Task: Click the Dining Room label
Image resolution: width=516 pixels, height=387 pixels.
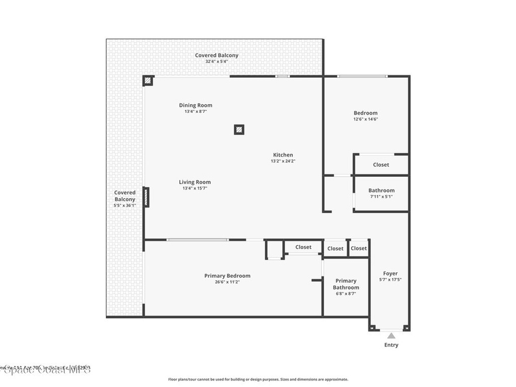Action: [x=196, y=105]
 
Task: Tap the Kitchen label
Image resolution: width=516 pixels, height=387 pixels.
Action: [x=283, y=155]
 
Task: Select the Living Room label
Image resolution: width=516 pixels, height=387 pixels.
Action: [x=195, y=182]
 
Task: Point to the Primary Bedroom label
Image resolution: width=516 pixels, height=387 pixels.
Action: [x=227, y=276]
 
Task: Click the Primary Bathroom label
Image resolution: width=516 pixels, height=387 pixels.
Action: [x=346, y=284]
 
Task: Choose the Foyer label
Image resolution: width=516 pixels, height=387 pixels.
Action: [x=390, y=274]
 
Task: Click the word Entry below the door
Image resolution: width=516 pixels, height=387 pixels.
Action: [x=391, y=345]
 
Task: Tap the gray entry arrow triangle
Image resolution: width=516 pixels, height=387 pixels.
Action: [x=391, y=336]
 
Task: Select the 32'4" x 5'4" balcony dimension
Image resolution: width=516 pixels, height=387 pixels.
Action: [x=217, y=61]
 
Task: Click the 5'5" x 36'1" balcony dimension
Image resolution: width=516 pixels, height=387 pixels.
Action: [x=124, y=206]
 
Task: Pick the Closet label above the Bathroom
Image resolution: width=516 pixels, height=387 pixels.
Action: [x=381, y=165]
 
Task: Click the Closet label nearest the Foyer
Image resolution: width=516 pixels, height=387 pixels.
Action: [x=359, y=248]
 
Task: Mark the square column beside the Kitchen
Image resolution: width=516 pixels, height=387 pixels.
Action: [x=239, y=130]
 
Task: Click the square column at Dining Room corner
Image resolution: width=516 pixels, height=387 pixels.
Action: [x=148, y=81]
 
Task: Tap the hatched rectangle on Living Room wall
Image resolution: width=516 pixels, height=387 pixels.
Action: [x=146, y=197]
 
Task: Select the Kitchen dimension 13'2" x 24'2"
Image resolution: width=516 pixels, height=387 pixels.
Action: [x=283, y=161]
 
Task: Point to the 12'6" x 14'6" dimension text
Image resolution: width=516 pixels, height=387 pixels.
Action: [x=365, y=119]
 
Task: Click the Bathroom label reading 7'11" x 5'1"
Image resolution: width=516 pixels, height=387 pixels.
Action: [x=381, y=193]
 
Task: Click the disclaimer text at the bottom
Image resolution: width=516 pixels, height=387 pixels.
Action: [x=257, y=379]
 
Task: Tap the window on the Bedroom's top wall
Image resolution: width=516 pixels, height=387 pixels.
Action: [x=362, y=76]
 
